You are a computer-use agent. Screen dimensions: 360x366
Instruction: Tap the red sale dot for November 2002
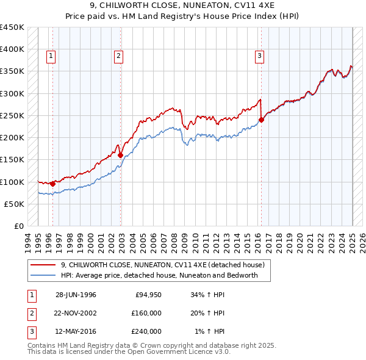coord(120,155)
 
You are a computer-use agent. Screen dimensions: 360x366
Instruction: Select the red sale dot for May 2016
coord(261,120)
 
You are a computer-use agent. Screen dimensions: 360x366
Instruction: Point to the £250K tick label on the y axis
coord(12,115)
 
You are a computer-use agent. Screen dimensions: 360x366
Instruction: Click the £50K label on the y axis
coord(15,204)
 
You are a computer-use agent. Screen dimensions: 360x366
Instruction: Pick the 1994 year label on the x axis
coord(27,239)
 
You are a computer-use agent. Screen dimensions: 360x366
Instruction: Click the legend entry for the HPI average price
coord(159,275)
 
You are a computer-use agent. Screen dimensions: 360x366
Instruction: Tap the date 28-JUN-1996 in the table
coord(76,295)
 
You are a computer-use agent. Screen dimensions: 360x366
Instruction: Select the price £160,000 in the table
coord(146,313)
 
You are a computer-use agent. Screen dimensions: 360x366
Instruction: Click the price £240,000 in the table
coord(146,331)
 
